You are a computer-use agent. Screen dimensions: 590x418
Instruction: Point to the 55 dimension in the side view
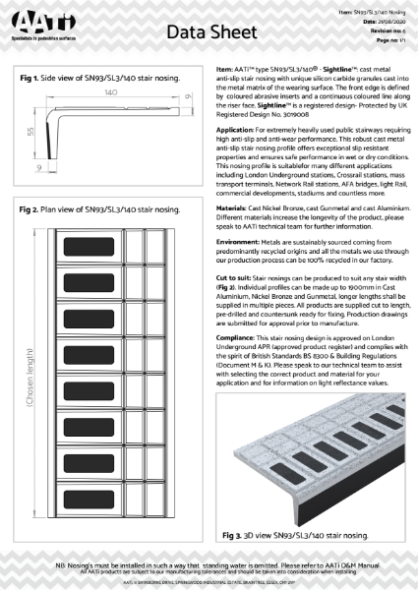tap(33, 131)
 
